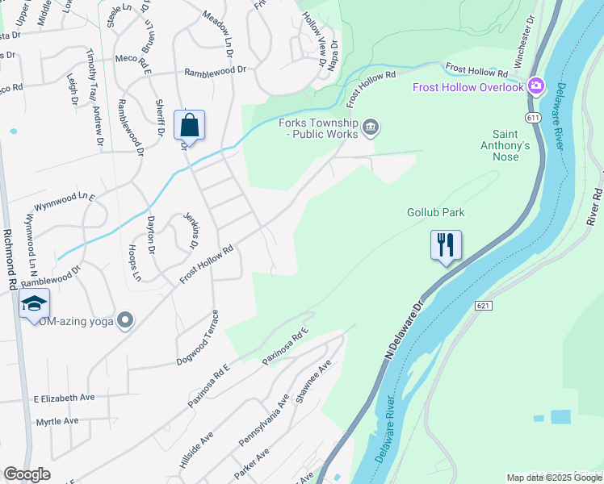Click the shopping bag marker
pos(189,126)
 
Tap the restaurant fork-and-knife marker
pos(446,244)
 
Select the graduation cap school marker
pos(34,303)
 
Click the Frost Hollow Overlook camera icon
pos(535,86)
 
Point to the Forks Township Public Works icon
pos(371,125)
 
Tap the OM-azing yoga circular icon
pos(124,320)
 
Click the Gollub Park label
pos(435,213)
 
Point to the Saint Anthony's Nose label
pos(511,145)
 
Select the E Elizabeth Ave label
pos(65,398)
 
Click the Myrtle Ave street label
pos(57,421)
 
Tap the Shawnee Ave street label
pos(314,382)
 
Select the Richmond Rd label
pos(11,257)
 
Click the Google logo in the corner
pos(27,474)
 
